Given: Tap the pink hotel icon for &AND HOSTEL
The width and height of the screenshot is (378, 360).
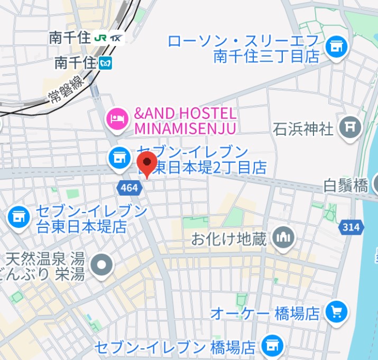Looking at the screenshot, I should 117,118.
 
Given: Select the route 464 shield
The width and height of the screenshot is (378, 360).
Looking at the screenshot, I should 128,187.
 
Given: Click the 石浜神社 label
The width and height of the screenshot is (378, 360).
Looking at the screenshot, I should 303,128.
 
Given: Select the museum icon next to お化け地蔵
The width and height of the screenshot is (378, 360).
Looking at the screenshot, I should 284,238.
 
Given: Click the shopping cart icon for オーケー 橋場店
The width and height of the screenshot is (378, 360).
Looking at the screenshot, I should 336,312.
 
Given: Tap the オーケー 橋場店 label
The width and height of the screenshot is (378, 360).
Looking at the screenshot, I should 265,313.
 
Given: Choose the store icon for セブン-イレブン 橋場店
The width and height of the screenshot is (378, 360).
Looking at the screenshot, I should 273,346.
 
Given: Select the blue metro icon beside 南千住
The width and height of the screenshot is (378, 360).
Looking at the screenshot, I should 106,63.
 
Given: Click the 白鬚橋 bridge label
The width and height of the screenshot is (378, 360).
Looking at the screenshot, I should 345,185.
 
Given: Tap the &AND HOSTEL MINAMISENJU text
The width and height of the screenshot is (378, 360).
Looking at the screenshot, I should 185,121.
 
